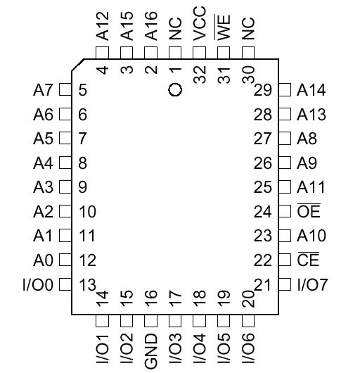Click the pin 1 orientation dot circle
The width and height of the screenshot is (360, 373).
tap(175, 89)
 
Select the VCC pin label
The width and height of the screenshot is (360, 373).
tap(200, 24)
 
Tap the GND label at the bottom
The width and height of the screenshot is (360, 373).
tap(151, 351)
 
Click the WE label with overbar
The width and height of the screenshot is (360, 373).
tap(223, 27)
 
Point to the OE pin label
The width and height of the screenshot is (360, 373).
tap(309, 210)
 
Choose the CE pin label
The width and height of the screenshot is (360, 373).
tap(308, 259)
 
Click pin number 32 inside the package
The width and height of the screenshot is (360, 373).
tap(200, 74)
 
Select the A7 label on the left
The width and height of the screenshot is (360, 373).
tap(43, 90)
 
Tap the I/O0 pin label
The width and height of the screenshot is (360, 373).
tap(38, 284)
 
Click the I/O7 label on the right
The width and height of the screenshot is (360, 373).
tap(312, 284)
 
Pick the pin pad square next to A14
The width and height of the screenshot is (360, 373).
tap(285, 89)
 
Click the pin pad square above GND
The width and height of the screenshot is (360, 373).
tap(150, 321)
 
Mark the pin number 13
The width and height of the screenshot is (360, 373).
tap(87, 284)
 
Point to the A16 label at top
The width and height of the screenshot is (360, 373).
tap(151, 26)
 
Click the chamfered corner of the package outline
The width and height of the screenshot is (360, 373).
tap(78, 65)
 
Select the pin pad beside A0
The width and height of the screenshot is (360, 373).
tap(65, 259)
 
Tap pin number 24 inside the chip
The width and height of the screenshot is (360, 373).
tap(262, 211)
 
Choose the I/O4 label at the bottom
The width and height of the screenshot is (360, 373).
tap(200, 348)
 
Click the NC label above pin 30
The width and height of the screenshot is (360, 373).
tap(248, 28)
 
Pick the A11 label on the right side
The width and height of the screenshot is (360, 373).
tap(311, 187)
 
